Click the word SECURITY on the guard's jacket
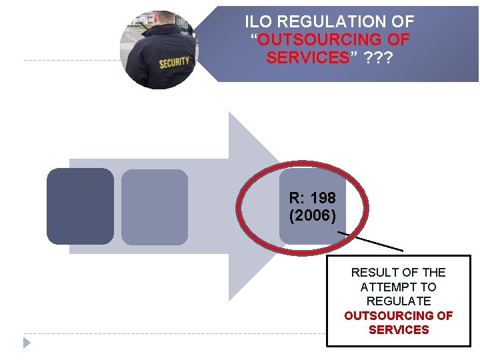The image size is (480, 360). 174,63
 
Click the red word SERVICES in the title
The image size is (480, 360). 307,58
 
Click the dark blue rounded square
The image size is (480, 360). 80,206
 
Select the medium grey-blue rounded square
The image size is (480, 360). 155,207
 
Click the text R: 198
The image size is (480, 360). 313,198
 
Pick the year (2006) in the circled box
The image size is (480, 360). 313,216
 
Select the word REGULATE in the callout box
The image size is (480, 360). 399,301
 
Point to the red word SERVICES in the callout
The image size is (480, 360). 399,330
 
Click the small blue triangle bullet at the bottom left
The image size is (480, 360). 27,343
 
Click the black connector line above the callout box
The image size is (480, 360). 371,241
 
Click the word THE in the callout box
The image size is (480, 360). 434,273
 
